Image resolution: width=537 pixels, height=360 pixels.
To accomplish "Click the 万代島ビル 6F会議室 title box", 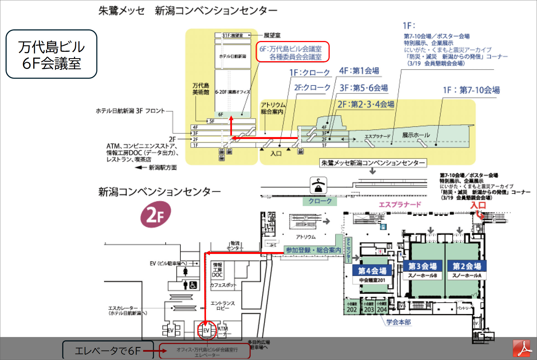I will pos(51,54).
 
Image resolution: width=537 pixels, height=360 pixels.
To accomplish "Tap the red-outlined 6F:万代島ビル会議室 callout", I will pos(293,52).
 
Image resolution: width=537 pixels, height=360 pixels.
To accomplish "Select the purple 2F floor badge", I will pos(156,215).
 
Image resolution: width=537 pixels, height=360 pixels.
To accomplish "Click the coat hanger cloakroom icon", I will pos(318,185).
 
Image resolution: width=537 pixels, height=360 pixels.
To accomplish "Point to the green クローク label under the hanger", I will pos(320,201).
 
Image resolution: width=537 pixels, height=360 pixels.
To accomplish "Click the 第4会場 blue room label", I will pos(372,271).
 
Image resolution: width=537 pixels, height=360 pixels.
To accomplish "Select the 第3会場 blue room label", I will pos(422,266).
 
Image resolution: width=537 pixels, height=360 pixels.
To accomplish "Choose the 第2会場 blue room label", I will pos(467,266).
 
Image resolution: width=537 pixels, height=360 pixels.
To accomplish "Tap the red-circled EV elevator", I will pos(206,330).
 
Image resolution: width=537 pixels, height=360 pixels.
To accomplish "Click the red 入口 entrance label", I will pos(478,205).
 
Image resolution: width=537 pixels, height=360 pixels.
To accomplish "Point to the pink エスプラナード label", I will pos(400,205).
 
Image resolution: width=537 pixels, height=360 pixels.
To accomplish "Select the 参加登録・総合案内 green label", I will pos(313,250).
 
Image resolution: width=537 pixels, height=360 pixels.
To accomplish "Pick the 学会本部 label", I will pos(399,322).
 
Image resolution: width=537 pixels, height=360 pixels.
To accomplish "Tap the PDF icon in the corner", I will pos(521,348).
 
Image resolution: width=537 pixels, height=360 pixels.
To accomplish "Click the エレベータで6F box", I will pos(108,351).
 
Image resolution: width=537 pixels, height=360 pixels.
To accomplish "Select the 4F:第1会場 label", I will pos(359,71).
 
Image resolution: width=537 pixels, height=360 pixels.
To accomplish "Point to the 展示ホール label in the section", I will pos(416,135).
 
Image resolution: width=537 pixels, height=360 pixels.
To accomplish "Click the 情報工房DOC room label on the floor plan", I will pos(217,270).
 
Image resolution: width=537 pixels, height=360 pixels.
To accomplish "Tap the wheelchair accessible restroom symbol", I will pos(193,285).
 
